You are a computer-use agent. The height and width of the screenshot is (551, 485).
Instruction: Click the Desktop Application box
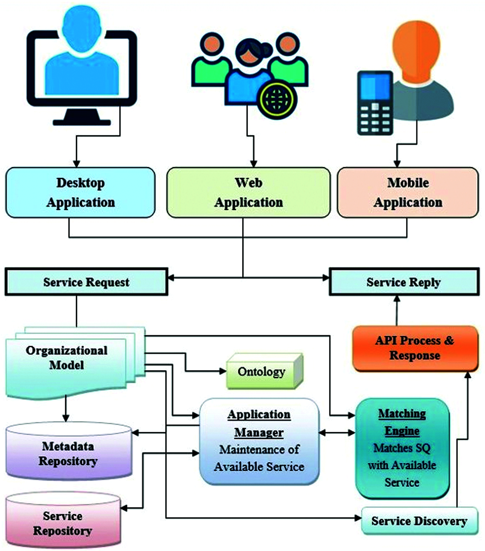point(80,192)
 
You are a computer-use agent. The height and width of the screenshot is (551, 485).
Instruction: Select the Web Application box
point(248,192)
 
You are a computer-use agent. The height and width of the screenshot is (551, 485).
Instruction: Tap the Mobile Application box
point(408,192)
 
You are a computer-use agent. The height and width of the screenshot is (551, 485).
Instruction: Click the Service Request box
point(86,282)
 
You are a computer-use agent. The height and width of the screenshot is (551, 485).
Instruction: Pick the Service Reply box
point(404,282)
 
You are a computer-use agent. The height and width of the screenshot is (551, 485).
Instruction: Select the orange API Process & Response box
point(415,348)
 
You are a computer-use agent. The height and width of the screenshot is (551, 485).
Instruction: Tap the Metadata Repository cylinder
point(69,453)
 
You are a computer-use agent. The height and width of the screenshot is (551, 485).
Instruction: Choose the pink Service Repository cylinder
point(63,523)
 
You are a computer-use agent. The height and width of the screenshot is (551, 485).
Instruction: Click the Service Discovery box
point(419,521)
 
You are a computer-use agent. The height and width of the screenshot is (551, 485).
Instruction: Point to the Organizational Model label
point(66,357)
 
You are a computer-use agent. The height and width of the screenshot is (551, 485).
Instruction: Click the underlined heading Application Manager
point(259,423)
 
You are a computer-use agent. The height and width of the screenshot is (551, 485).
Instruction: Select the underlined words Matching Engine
point(402,422)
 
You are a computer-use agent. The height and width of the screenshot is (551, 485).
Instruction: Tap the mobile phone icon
point(375,103)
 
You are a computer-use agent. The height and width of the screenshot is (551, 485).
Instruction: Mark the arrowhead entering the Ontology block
point(223,371)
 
